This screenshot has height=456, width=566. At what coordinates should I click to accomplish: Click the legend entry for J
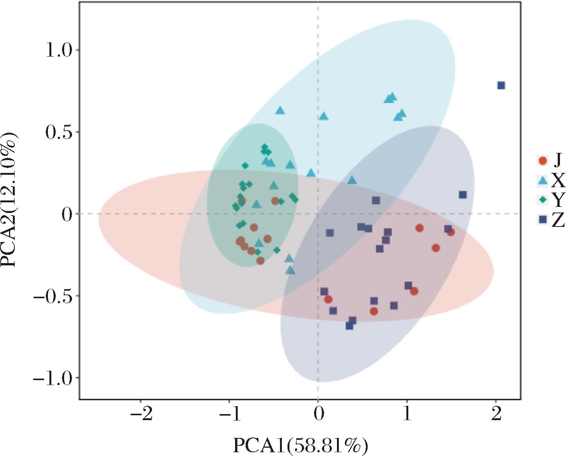tap(550, 161)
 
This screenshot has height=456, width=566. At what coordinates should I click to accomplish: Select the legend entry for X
tap(551, 181)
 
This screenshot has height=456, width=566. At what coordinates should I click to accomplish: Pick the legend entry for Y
tap(551, 200)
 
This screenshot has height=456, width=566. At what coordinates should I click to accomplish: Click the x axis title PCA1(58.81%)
tap(300, 445)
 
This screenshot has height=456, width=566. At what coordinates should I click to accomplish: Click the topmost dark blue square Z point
tap(501, 85)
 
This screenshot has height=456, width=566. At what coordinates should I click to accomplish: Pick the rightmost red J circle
tap(451, 232)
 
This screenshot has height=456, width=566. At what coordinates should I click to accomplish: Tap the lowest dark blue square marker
tap(349, 326)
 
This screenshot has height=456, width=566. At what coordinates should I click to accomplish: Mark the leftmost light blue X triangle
tap(257, 204)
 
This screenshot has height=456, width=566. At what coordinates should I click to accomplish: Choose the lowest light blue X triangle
tap(290, 270)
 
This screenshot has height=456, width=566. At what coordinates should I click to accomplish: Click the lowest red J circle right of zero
tap(374, 311)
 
